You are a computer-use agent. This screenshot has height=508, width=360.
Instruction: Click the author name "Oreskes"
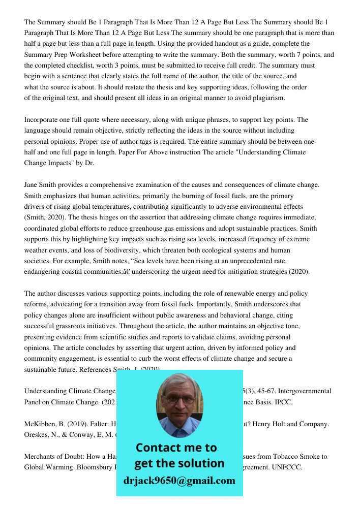point(38,434)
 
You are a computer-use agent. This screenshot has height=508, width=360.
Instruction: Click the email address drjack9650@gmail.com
point(179,481)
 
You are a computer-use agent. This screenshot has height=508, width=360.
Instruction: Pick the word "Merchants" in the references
point(41,456)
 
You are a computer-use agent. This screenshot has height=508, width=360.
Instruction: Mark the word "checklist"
point(71,66)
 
